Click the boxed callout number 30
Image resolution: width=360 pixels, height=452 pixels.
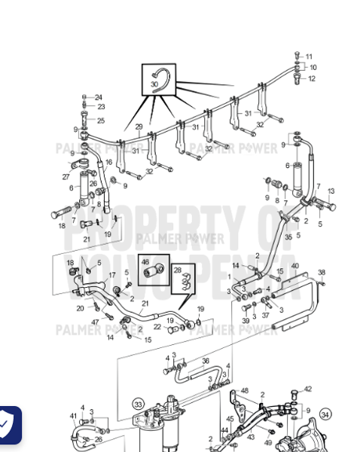coord(154,84)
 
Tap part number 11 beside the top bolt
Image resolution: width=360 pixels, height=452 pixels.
coord(309,56)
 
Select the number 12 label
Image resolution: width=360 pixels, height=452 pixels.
coord(311,78)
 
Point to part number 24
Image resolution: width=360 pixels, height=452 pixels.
coord(98,97)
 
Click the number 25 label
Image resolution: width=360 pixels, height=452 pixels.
coord(100,121)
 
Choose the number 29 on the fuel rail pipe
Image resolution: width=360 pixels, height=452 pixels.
coord(139,127)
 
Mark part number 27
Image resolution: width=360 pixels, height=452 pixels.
coord(66,178)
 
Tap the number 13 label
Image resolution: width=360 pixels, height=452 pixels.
coord(331,192)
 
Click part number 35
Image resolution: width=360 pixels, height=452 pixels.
coord(288,237)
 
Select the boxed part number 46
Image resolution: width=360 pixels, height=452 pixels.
coord(145,262)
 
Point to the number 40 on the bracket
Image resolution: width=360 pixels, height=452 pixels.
coord(294,266)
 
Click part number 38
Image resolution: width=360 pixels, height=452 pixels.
coord(322,273)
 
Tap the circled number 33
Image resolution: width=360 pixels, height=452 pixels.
coord(139,405)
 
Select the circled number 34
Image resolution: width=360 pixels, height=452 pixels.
coord(325,414)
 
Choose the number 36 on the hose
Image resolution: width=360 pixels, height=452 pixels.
coord(205,361)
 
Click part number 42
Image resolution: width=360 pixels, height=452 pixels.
coord(307,389)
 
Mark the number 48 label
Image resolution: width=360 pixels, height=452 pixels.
coord(244,391)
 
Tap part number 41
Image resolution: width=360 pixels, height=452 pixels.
coord(73,416)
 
